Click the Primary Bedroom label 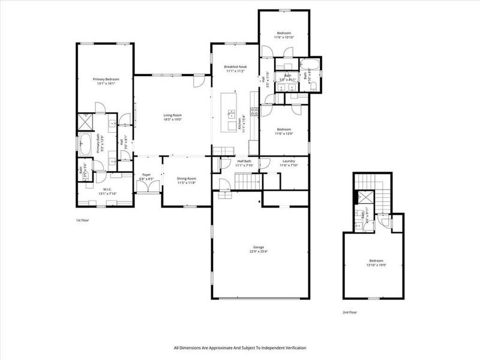pyautogui.click(x=104, y=79)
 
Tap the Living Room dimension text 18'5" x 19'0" pyautogui.click(x=172, y=119)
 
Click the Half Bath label pyautogui.click(x=244, y=161)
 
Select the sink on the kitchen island pyautogui.click(x=230, y=112)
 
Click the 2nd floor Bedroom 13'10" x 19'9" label pyautogui.click(x=376, y=261)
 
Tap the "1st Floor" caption pyautogui.click(x=82, y=220)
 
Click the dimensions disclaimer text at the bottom pyautogui.click(x=240, y=348)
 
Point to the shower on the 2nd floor pyautogui.click(x=364, y=196)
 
